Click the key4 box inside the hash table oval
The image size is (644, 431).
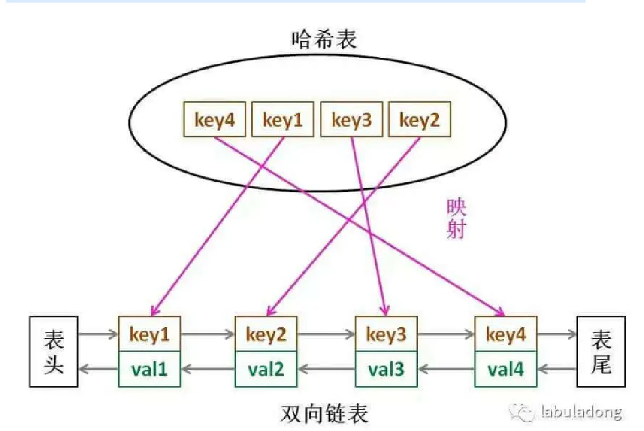pyautogui.click(x=214, y=120)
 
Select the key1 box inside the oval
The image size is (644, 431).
pyautogui.click(x=282, y=120)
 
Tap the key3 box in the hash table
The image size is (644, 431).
pyautogui.click(x=352, y=120)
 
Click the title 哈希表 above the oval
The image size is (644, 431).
pyautogui.click(x=324, y=40)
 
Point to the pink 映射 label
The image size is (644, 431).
pyautogui.click(x=455, y=219)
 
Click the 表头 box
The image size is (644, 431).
pyautogui.click(x=54, y=351)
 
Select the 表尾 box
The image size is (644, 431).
pyautogui.click(x=601, y=351)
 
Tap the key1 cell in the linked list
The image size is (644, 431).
pyautogui.click(x=149, y=334)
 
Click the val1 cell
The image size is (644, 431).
pyautogui.click(x=149, y=369)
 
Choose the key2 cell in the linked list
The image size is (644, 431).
pyautogui.click(x=266, y=334)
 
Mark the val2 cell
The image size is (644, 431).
pyautogui.click(x=266, y=369)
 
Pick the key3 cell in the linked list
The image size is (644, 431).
pyautogui.click(x=386, y=334)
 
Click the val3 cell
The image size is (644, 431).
pyautogui.click(x=386, y=369)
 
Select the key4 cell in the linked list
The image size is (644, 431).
pyautogui.click(x=506, y=334)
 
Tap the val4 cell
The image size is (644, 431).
pyautogui.click(x=506, y=369)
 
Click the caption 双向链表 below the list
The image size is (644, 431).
pyautogui.click(x=325, y=414)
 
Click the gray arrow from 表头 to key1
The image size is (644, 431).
pyautogui.click(x=98, y=335)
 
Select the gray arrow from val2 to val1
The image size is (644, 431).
pyautogui.click(x=208, y=369)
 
